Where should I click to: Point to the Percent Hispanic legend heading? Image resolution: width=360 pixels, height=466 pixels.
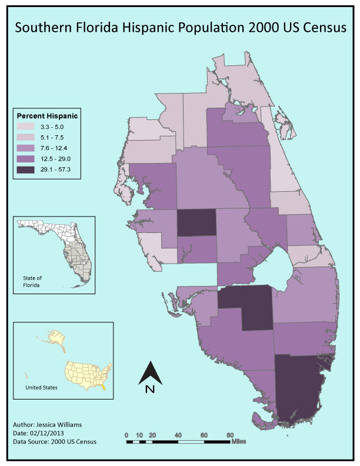(47, 115)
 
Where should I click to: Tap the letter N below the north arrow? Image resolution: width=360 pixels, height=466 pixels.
(149, 389)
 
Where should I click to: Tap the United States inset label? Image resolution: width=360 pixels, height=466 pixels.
(41, 388)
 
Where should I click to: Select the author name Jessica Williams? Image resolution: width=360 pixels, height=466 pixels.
(58, 424)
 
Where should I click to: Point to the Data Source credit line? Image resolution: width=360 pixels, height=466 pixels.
(54, 441)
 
